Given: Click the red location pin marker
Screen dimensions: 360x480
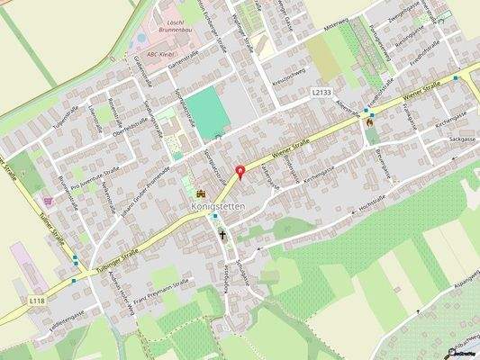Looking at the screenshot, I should pos(240,173).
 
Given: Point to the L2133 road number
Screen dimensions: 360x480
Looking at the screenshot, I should pos(322,92).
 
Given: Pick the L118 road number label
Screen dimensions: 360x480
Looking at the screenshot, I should pos(36,301).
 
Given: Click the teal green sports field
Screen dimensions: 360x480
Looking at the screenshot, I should pos(208,112).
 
